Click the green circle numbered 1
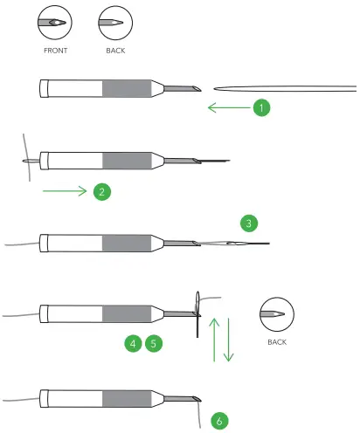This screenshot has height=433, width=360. (x=260, y=108)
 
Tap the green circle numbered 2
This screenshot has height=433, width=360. (x=102, y=190)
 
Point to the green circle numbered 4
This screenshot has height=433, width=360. (x=133, y=344)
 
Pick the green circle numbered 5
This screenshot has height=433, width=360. (x=154, y=344)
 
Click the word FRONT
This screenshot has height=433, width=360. (x=55, y=52)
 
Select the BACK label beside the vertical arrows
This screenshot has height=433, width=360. (x=277, y=341)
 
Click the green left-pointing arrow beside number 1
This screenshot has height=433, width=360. (x=226, y=108)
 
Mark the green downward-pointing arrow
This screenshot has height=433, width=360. (x=229, y=340)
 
